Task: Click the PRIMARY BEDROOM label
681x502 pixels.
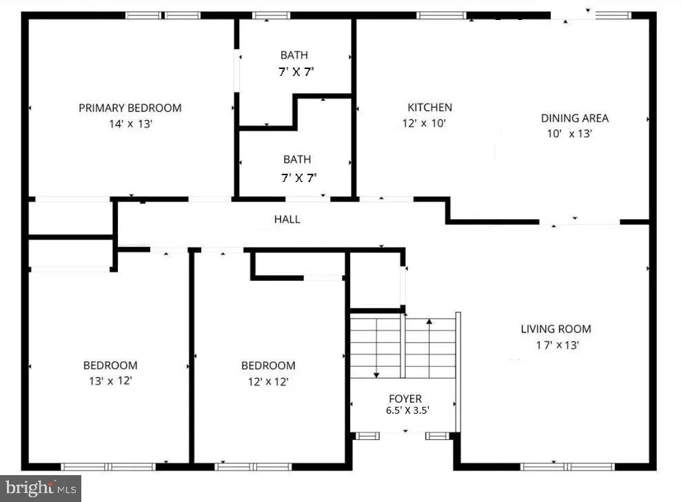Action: coord(130,108)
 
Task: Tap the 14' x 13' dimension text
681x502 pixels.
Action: coord(130,124)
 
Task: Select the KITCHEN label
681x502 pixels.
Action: coord(430,108)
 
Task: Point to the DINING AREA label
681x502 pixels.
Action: coord(575,118)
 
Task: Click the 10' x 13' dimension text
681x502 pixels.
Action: coord(570,134)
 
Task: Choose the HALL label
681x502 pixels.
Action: coord(287,219)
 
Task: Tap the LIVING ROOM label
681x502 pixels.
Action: coord(556,329)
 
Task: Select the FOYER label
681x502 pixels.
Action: coord(405,399)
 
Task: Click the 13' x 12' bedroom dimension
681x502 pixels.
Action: coord(110,381)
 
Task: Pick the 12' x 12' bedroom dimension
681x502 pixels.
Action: coord(267,381)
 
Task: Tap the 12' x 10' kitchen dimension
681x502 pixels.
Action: coord(425,124)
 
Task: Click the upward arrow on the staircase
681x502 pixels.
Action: coord(429,323)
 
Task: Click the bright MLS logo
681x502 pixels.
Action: coord(41,488)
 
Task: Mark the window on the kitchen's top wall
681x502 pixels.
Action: coord(442,15)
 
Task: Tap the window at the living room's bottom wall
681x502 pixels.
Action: coord(568,467)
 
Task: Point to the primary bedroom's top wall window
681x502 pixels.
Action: coord(163,15)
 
